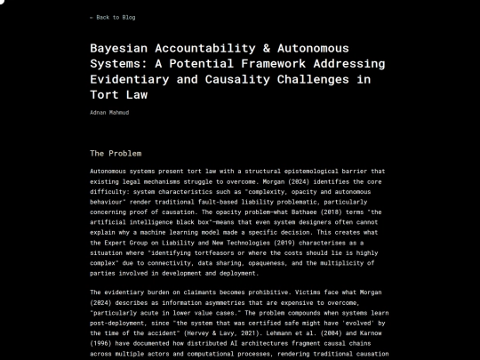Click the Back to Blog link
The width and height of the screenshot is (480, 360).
coord(112,17)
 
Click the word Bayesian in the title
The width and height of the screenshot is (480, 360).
coord(120,48)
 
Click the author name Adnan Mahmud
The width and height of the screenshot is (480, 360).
coord(108,113)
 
